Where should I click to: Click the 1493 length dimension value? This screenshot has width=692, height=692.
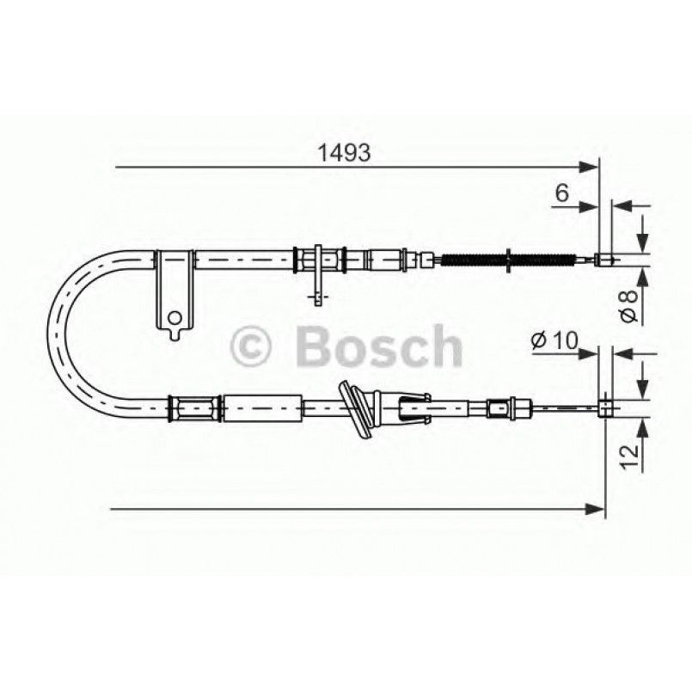[x=345, y=152]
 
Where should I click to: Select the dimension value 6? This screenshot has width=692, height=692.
[x=561, y=193]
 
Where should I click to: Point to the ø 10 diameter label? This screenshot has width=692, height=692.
[x=553, y=340]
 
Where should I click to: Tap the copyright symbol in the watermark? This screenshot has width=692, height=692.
[x=251, y=347]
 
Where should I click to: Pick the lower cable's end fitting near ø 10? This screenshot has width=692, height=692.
[x=606, y=406]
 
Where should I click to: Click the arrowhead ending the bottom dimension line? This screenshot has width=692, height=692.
[x=597, y=510]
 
